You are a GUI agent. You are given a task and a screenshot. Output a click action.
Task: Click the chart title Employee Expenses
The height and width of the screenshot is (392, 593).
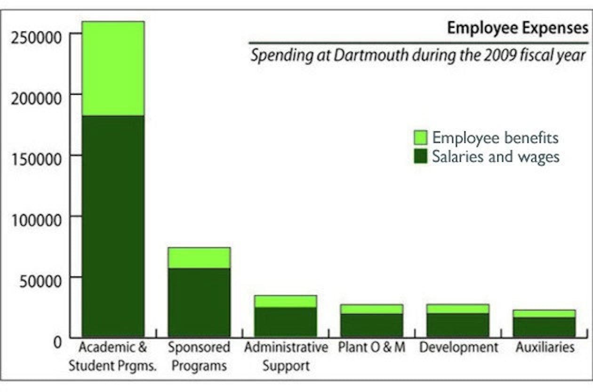[x=517, y=28]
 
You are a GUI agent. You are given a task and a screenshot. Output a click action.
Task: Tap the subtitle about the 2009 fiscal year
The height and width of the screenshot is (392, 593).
[x=418, y=56]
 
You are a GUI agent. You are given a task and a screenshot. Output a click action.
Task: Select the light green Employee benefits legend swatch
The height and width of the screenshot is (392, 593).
[x=420, y=138]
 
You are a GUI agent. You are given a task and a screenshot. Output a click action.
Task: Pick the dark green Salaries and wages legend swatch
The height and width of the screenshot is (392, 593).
[x=420, y=156]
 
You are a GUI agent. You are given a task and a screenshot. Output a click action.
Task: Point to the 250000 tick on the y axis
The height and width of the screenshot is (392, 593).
[x=37, y=37]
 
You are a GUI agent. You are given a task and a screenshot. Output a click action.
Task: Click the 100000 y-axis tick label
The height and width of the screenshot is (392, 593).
[x=37, y=220]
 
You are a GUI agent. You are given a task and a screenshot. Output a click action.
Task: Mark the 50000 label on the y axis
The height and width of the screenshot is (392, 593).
[x=41, y=281]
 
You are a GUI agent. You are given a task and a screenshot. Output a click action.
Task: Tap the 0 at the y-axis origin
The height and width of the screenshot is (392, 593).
[x=57, y=342]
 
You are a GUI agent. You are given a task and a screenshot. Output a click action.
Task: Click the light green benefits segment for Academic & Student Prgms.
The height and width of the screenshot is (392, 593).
[x=113, y=68]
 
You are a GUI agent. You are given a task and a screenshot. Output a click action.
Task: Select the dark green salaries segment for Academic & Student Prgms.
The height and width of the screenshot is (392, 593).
[x=113, y=226]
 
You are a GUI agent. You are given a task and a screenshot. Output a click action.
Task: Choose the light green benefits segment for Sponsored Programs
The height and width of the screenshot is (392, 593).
[x=199, y=258]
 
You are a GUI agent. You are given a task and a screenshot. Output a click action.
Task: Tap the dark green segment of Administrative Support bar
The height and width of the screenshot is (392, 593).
[x=286, y=322]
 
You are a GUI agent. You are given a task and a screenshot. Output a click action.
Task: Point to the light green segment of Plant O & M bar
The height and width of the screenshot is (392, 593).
[x=372, y=309]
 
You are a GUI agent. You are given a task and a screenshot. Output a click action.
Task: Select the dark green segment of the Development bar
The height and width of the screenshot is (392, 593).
[x=458, y=325]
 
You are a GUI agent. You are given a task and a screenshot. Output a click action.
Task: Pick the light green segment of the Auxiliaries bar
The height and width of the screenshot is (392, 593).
[x=545, y=314]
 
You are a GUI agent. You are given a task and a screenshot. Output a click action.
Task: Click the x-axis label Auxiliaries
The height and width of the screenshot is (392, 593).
[x=545, y=348]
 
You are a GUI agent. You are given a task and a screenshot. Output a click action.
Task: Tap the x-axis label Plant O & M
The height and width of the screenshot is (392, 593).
[x=372, y=348]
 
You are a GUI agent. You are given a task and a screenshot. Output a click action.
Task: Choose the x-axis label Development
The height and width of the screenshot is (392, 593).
[x=458, y=348]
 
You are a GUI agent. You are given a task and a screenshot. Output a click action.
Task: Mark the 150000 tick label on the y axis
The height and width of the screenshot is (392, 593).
[x=37, y=159]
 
